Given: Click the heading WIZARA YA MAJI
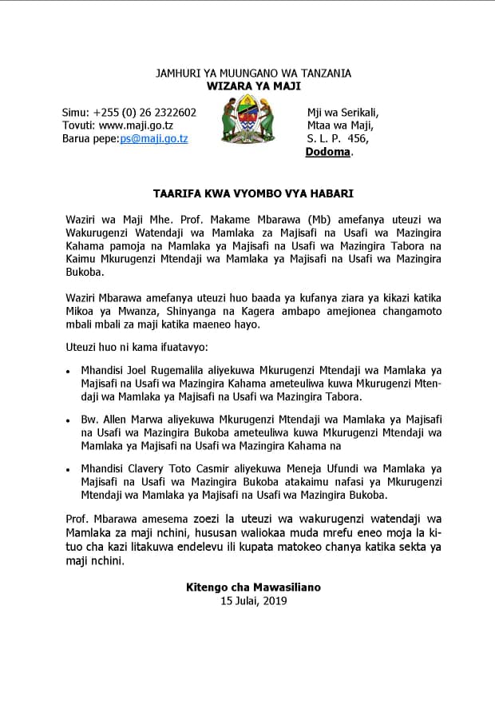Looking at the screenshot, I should click(x=252, y=86).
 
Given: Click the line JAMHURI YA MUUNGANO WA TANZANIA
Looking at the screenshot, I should click(x=252, y=74).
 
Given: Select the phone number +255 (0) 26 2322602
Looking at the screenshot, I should click(x=145, y=112).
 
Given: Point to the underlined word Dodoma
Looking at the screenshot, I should click(x=328, y=152).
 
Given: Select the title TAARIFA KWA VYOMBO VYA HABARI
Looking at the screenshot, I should click(x=253, y=193).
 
